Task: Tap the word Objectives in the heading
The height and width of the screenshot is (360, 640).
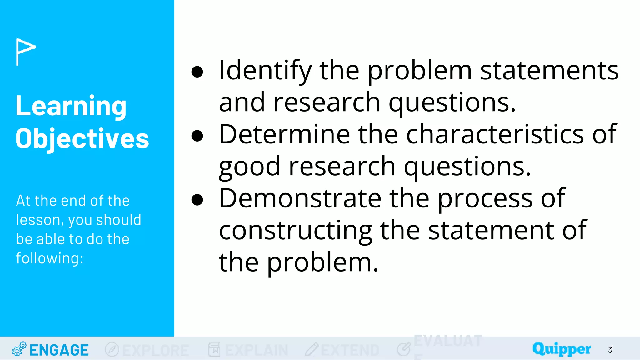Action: (82, 139)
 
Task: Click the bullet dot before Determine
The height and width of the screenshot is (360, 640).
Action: (197, 136)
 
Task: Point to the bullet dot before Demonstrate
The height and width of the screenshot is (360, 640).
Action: (197, 200)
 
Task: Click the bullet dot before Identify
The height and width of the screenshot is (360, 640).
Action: (197, 72)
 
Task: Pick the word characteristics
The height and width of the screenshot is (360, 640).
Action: (495, 134)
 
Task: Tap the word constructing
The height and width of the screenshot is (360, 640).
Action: (296, 231)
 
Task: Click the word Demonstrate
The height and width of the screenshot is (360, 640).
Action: (300, 198)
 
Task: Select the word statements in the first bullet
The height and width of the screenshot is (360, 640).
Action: (549, 71)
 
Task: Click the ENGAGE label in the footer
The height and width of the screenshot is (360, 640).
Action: (59, 350)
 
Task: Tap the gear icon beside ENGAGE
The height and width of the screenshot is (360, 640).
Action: (19, 349)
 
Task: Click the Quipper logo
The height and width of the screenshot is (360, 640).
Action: (562, 349)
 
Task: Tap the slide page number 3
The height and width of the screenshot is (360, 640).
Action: (610, 350)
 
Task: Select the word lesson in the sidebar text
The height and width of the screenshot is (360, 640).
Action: (38, 220)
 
